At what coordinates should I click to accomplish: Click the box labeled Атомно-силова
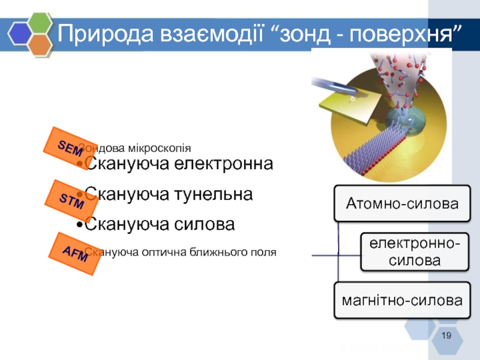point(402,204)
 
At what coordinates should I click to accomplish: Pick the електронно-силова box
point(414,253)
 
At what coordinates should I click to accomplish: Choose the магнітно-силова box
point(402,299)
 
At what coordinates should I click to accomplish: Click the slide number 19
point(445,335)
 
